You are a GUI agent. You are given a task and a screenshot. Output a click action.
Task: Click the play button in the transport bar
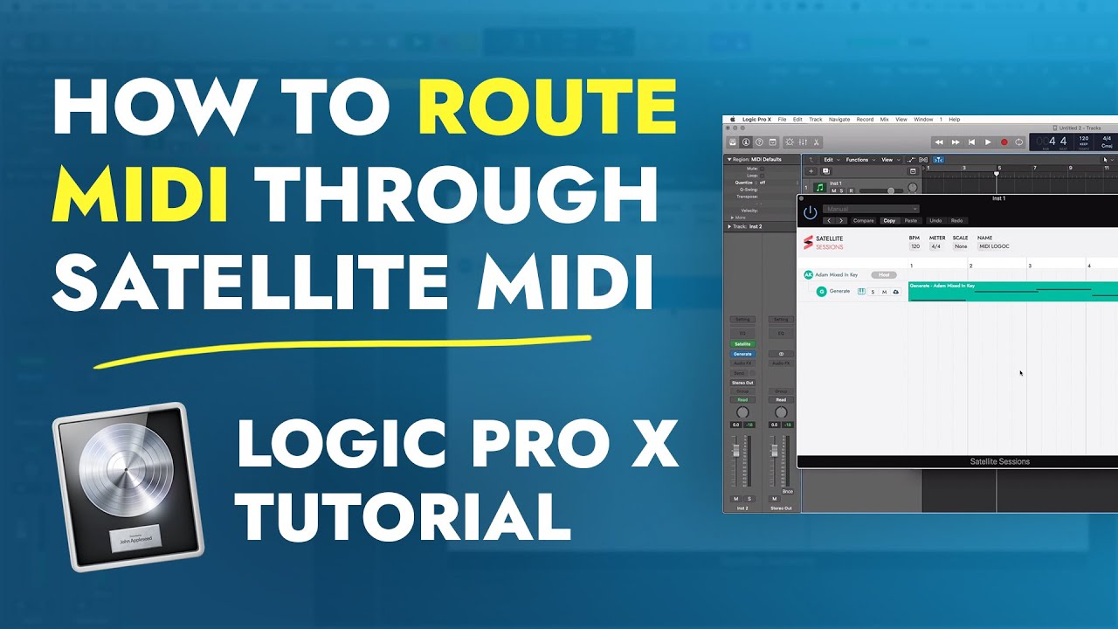click(x=988, y=142)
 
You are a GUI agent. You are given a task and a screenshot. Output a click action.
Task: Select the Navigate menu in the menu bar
click(x=839, y=119)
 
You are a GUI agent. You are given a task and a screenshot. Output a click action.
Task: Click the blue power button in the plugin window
click(x=810, y=212)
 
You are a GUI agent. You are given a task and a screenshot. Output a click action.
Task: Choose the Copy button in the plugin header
click(x=889, y=220)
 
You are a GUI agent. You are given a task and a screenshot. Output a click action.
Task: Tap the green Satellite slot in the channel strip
click(x=742, y=344)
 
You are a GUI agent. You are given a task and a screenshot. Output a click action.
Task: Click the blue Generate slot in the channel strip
click(x=742, y=354)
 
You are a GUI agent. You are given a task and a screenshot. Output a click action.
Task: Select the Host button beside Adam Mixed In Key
click(x=883, y=274)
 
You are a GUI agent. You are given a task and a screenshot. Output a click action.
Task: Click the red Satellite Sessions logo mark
click(x=808, y=242)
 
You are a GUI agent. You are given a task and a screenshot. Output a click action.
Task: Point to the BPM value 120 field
click(x=915, y=246)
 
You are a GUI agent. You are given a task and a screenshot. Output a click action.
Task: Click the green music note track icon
click(x=819, y=187)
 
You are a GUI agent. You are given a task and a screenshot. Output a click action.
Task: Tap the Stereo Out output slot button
click(x=742, y=383)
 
